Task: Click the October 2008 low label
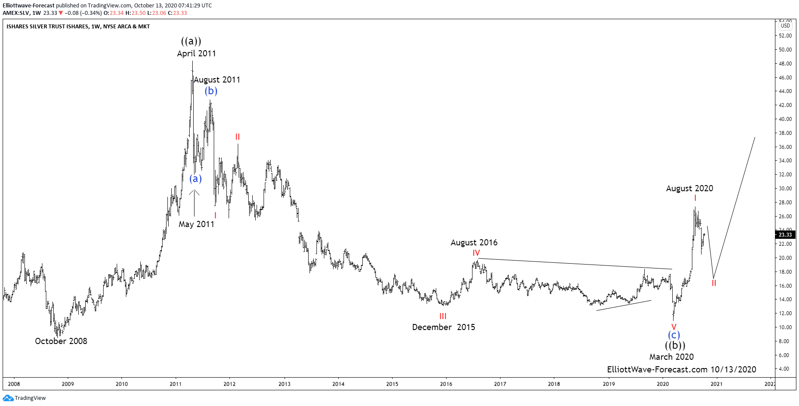point(61,341)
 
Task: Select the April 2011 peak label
point(196,53)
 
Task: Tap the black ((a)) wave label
point(191,41)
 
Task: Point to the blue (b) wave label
point(211,91)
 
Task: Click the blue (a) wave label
point(195,179)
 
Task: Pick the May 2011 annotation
point(196,224)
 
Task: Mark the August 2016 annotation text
point(474,242)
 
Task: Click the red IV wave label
point(476,253)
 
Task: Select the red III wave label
point(443,317)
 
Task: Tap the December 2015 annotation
point(443,327)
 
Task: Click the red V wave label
point(674,327)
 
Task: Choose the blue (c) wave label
point(674,335)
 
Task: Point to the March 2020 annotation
point(671,357)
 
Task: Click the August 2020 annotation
point(689,188)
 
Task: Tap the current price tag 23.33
point(785,234)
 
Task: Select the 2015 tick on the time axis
point(392,384)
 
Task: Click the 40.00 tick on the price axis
point(785,119)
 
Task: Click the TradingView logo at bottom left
point(24,398)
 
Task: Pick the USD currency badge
point(785,26)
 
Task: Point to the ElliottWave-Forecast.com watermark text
point(681,369)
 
